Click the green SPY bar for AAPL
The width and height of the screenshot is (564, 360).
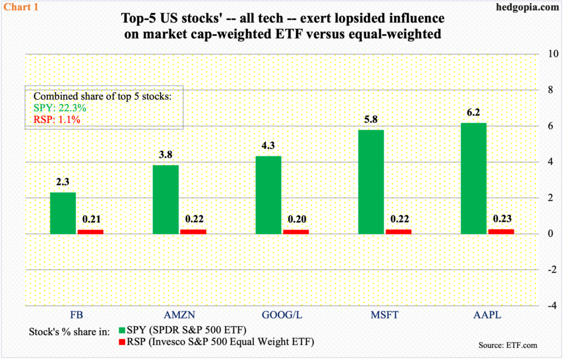pyautogui.click(x=473, y=178)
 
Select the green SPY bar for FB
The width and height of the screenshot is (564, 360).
pyautogui.click(x=62, y=213)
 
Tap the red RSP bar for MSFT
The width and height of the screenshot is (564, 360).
pyautogui.click(x=398, y=232)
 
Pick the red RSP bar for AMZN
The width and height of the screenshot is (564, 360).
pyautogui.click(x=193, y=232)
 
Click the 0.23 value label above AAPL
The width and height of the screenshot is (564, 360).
pyautogui.click(x=501, y=219)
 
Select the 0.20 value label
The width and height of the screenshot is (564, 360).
pyautogui.click(x=295, y=219)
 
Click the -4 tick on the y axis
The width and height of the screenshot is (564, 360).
pyautogui.click(x=548, y=306)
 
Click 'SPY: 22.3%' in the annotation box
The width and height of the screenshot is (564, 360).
pyautogui.click(x=58, y=107)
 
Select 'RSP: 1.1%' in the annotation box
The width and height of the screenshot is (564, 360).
pyautogui.click(x=57, y=119)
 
